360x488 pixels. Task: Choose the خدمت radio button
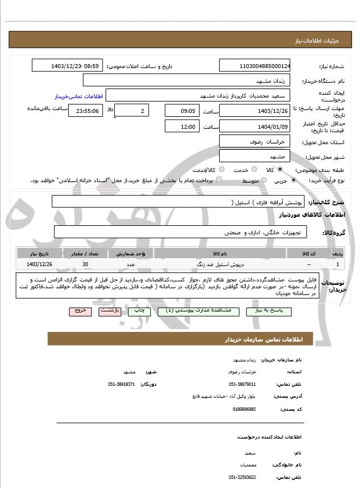(x=253, y=170)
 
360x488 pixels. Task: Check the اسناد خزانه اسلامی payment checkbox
(x=219, y=180)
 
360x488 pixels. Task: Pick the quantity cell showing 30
(x=85, y=264)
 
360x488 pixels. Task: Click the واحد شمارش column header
(x=131, y=253)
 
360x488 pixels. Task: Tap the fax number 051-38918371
(x=122, y=384)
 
